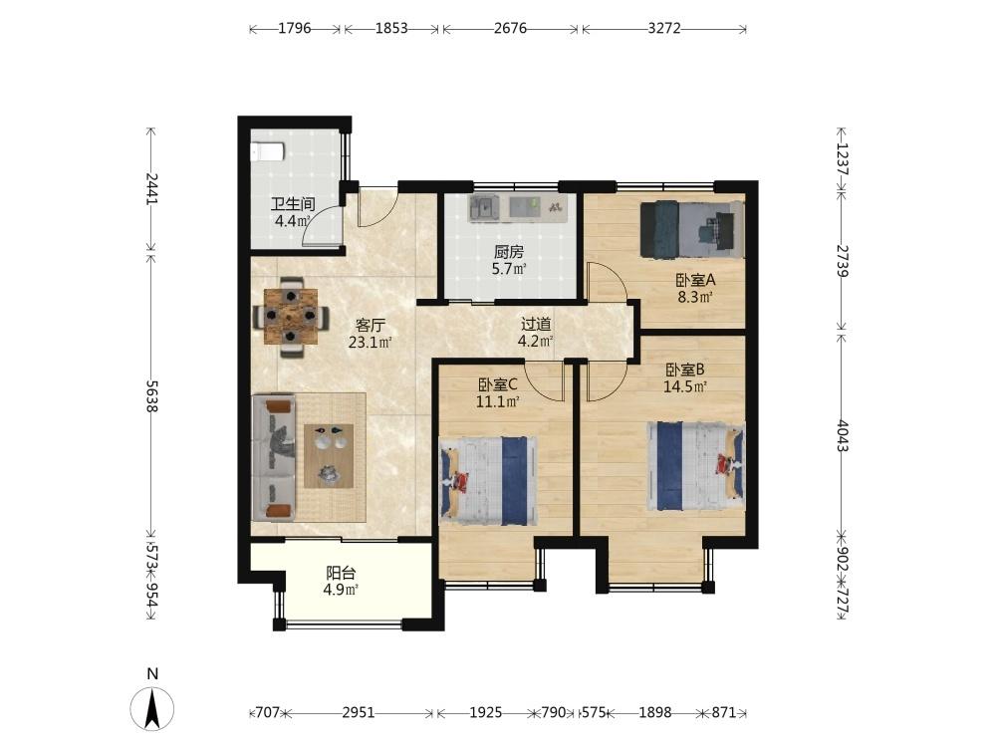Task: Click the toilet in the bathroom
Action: [267, 151]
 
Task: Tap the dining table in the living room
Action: [291, 316]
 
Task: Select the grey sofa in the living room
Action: [274, 457]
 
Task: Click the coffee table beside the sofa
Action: [329, 455]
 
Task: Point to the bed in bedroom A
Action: [691, 229]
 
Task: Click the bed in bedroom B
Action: [695, 465]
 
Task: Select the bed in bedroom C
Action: [488, 480]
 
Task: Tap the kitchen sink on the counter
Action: [485, 207]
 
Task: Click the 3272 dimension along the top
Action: [663, 28]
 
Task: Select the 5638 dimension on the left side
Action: [151, 395]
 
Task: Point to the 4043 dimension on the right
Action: [842, 436]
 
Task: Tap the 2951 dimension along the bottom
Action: [359, 712]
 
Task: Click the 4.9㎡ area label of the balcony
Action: [341, 590]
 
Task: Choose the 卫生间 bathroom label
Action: [293, 204]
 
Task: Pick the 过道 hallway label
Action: [536, 324]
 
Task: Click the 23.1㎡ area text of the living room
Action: [370, 343]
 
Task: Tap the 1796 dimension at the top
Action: [295, 28]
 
